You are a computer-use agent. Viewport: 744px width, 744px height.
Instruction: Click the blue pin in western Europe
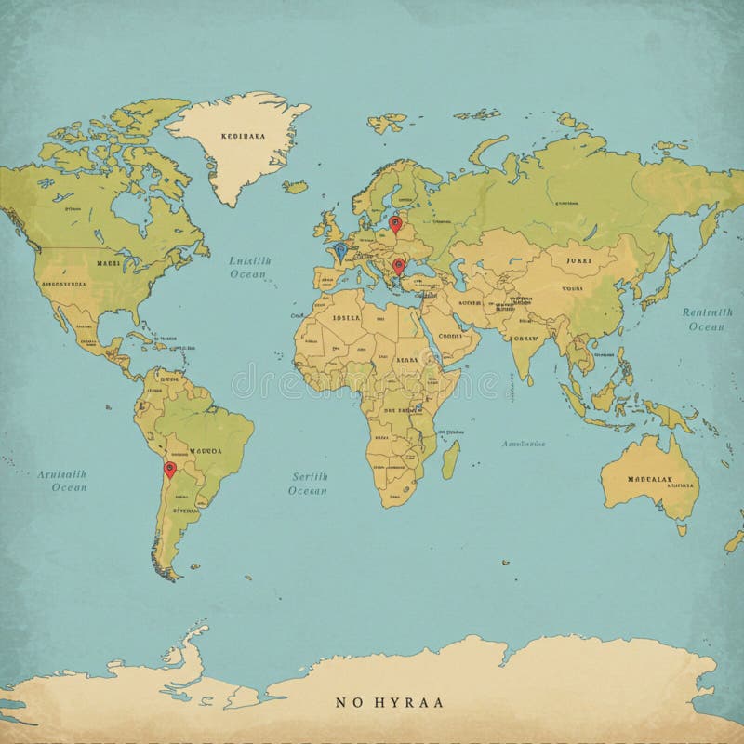tap(340, 250)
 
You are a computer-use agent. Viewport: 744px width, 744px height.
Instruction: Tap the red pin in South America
tap(169, 469)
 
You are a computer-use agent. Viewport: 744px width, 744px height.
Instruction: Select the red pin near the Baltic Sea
tap(395, 223)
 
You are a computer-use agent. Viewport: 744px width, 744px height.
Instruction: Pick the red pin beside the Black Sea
tap(399, 265)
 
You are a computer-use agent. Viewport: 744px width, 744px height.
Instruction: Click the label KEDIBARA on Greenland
tap(244, 135)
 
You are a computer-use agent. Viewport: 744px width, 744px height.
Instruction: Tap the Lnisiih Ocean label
tap(248, 268)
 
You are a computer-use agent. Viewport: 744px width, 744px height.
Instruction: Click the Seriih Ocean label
tap(308, 483)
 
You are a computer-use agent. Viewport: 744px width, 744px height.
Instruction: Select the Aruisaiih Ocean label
tap(63, 480)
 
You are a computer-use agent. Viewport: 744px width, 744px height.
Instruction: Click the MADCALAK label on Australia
tap(649, 481)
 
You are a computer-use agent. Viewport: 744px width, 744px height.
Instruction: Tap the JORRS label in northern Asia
tap(578, 261)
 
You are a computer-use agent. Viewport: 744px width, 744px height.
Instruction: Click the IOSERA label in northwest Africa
tap(346, 317)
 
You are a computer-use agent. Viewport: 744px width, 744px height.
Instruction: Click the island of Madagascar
tap(450, 459)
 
